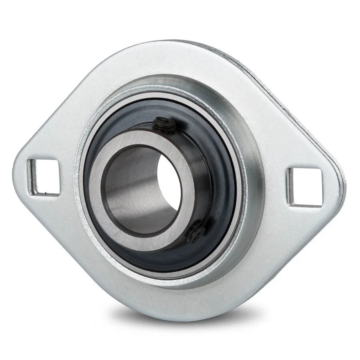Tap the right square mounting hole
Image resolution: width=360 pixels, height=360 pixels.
305,187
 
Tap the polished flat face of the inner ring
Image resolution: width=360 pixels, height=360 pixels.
120,224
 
